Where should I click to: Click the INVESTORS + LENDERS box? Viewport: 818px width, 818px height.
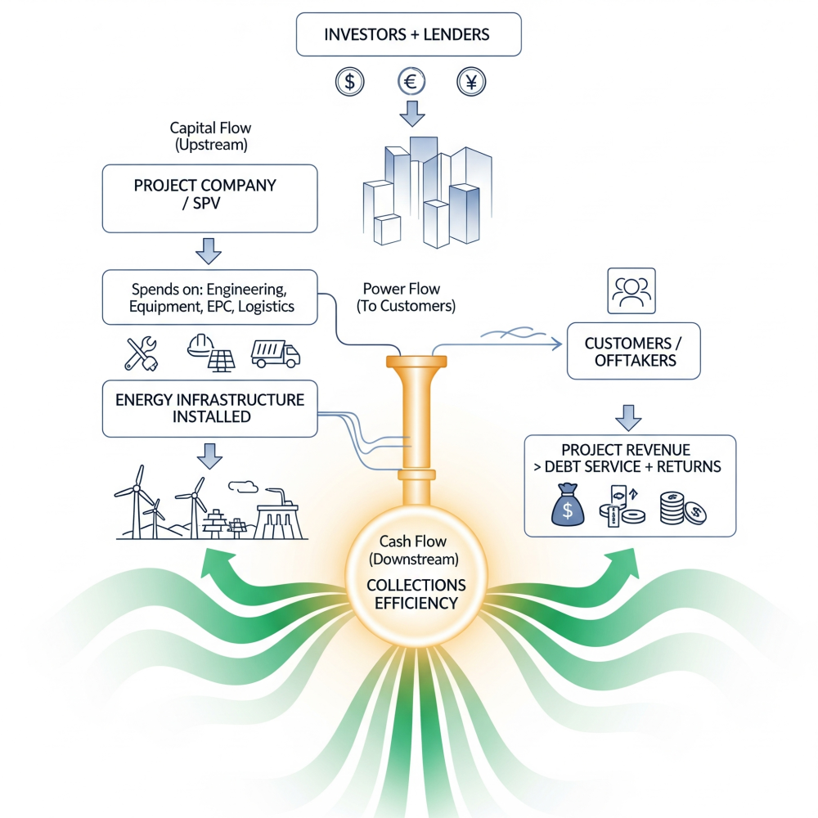[408, 34]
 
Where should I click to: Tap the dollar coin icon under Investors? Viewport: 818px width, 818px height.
[349, 82]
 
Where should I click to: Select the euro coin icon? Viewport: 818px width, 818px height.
[411, 81]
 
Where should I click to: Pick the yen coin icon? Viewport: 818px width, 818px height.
[471, 82]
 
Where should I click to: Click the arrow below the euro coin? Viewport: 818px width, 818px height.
[412, 114]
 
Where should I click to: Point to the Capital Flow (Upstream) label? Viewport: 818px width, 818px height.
[211, 136]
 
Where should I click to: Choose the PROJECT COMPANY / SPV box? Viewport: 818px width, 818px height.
[209, 199]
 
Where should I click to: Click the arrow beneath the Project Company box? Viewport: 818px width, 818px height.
[209, 251]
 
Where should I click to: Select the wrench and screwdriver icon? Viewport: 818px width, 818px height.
[141, 353]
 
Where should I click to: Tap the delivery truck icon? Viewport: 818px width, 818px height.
[276, 353]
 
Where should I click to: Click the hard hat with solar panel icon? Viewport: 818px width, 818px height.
[211, 353]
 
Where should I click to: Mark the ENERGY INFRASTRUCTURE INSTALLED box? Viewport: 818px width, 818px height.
[209, 408]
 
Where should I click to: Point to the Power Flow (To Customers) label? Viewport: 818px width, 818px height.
[406, 298]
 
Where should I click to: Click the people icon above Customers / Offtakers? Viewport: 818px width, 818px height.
[631, 291]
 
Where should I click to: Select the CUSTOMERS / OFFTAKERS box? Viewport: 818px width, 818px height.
[634, 351]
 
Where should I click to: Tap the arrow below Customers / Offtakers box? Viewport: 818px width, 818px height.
[628, 418]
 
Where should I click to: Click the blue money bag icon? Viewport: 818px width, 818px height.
[568, 504]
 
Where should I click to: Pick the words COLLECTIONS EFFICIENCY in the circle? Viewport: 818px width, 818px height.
[416, 594]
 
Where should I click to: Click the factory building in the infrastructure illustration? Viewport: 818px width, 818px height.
[279, 514]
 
